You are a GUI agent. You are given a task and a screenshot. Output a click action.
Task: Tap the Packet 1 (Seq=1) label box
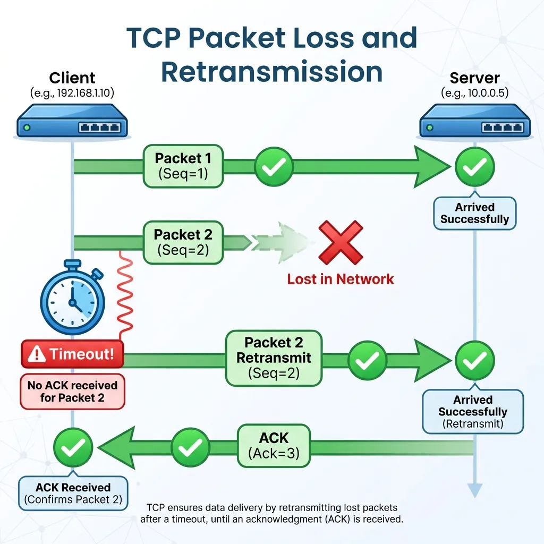pyautogui.click(x=183, y=165)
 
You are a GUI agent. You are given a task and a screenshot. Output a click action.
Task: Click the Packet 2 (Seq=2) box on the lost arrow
pyautogui.click(x=183, y=242)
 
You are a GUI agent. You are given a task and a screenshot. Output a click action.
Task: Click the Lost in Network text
pyautogui.click(x=341, y=279)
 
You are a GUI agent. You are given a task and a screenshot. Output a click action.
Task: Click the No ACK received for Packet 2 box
pyautogui.click(x=72, y=391)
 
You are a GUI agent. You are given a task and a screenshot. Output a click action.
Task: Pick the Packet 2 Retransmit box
pyautogui.click(x=274, y=358)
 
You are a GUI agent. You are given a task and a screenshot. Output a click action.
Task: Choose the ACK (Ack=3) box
pyautogui.click(x=274, y=445)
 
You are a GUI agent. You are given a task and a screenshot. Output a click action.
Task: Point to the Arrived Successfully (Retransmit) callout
pyautogui.click(x=473, y=412)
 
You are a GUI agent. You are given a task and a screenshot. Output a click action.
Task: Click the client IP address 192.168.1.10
pyautogui.click(x=72, y=93)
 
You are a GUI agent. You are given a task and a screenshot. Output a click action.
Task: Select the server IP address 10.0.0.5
pyautogui.click(x=474, y=93)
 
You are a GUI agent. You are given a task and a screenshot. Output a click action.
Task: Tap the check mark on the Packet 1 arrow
pyautogui.click(x=274, y=166)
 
